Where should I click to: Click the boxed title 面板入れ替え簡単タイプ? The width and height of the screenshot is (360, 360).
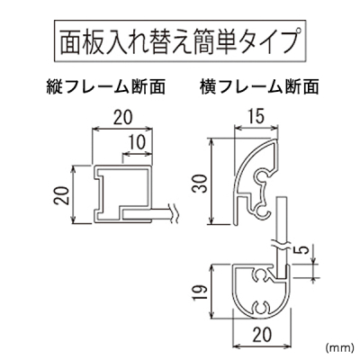coord(180,41)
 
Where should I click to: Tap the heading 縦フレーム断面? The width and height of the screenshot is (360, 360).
coord(106,87)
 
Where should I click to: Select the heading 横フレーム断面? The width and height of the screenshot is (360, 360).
coord(259,87)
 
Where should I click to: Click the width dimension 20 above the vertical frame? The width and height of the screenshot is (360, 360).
coord(123,118)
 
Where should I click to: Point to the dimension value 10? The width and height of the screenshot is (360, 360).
coord(138,142)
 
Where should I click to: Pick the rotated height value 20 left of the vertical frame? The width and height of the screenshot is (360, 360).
coord(62,195)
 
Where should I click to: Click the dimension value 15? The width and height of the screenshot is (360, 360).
coord(256,116)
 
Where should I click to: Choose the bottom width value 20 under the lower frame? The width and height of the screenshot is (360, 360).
coord(262,334)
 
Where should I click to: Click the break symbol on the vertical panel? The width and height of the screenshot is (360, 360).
coord(282,244)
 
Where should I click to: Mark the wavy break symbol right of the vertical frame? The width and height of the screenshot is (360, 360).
coord(173,213)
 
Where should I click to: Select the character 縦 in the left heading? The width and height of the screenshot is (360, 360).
coord(54,87)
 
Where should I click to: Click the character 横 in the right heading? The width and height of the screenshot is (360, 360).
coord(208,87)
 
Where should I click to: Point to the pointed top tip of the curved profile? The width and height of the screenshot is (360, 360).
coord(276,139)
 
